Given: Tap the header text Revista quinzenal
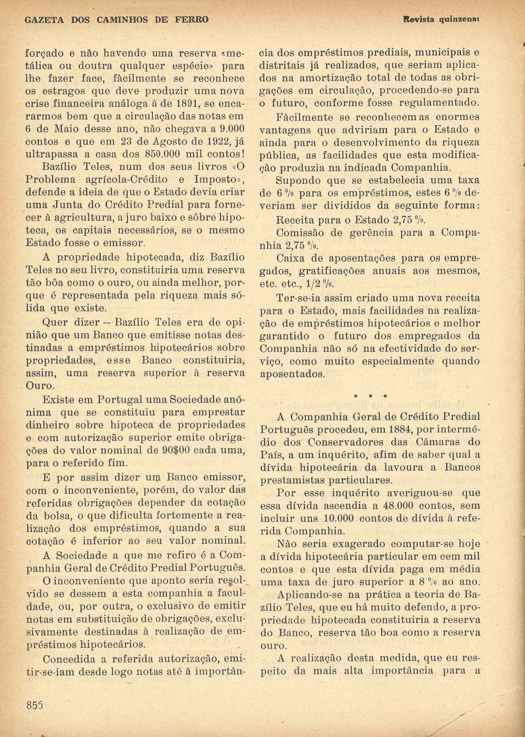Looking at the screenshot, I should (x=442, y=19).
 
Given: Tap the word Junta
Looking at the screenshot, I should (x=66, y=205).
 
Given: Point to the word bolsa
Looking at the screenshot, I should (x=52, y=515).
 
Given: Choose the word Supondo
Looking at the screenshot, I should (x=298, y=181).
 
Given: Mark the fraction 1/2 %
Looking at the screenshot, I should (x=321, y=284).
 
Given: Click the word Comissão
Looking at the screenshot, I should (x=302, y=232).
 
